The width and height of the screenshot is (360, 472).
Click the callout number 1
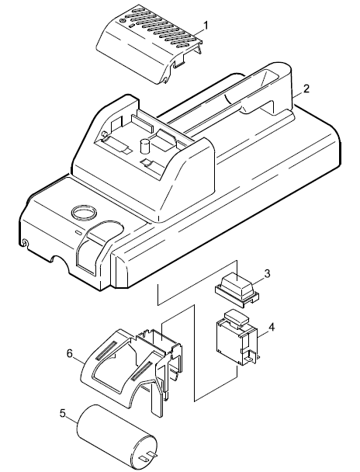click(x=206, y=26)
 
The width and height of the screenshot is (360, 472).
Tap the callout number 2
click(x=306, y=88)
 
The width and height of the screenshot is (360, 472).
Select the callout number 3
click(x=267, y=273)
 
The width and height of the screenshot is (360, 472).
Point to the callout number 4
click(x=271, y=327)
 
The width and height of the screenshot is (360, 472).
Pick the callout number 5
click(x=63, y=413)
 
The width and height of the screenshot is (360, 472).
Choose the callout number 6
click(x=70, y=354)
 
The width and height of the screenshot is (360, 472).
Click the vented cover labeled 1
click(x=149, y=43)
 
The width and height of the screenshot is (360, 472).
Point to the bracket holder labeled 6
click(x=133, y=370)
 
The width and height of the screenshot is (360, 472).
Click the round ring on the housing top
click(x=84, y=213)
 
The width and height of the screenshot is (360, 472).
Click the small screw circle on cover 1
click(x=122, y=21)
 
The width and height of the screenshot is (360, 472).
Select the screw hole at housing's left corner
click(x=25, y=242)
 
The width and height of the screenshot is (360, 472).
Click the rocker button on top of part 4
click(x=237, y=317)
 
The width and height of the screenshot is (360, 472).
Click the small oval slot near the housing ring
click(x=78, y=233)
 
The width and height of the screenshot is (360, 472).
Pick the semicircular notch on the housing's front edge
click(x=59, y=259)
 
